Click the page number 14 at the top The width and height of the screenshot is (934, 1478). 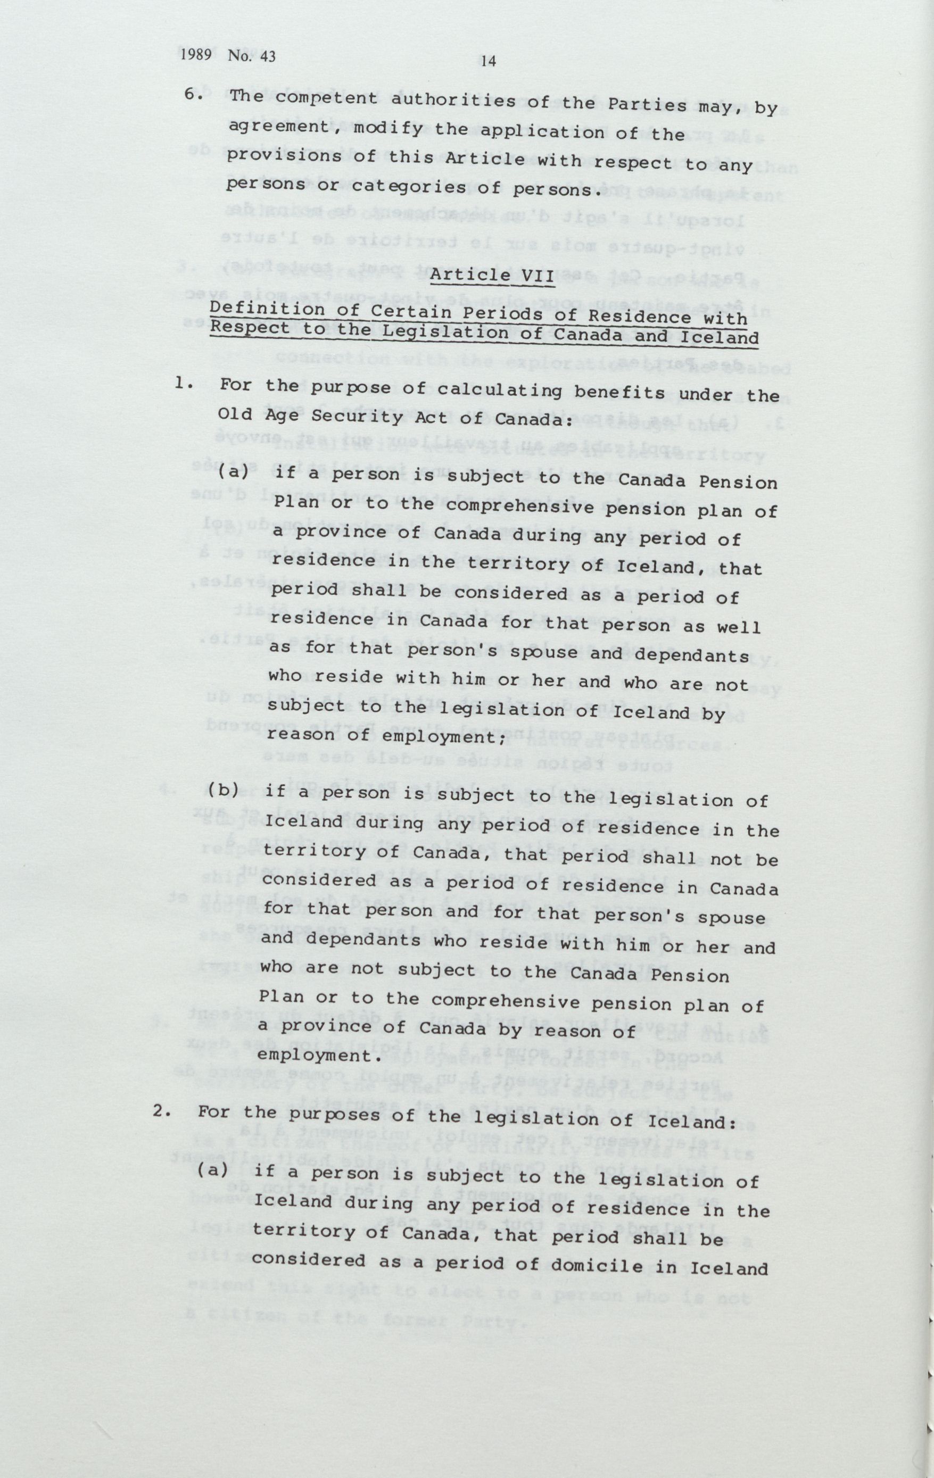pyautogui.click(x=489, y=61)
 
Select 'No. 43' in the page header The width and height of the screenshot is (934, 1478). pyautogui.click(x=251, y=56)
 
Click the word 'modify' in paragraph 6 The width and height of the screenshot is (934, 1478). pyautogui.click(x=390, y=130)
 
